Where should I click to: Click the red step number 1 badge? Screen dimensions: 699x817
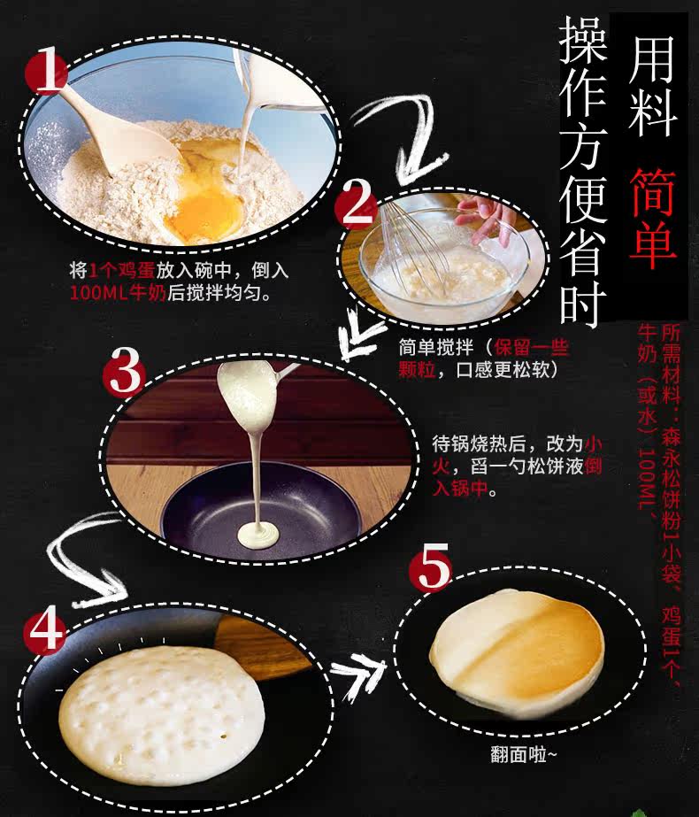[46, 70]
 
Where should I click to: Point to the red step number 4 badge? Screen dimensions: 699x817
[46, 631]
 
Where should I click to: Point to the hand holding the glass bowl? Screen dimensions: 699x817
[482, 219]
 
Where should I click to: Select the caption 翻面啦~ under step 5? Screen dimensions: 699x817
[523, 754]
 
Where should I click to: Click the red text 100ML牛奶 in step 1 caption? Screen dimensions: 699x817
[118, 292]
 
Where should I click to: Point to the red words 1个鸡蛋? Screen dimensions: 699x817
[122, 270]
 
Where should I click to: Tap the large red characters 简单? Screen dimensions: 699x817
[653, 218]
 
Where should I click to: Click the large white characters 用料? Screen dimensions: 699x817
[653, 86]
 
